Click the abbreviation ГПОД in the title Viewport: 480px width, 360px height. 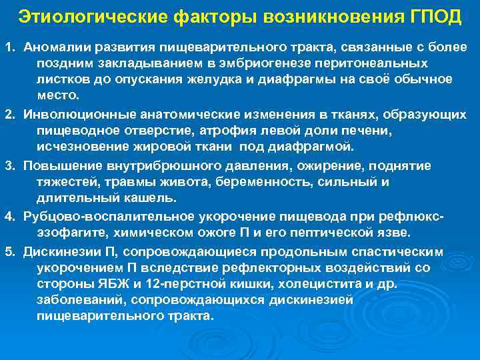coord(436,16)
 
